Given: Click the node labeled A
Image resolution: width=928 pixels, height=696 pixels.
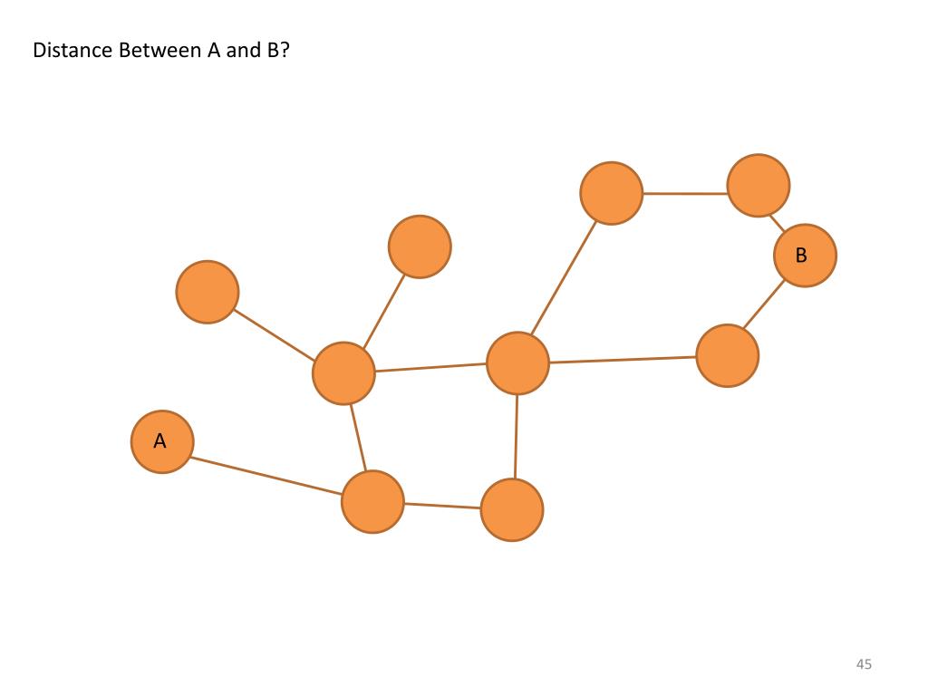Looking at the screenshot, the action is click(162, 441).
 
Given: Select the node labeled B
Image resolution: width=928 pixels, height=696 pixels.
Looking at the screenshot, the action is click(805, 256).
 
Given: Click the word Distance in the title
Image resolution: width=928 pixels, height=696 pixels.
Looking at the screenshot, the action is click(72, 51).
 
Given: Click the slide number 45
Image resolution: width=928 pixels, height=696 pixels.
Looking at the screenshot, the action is click(864, 665).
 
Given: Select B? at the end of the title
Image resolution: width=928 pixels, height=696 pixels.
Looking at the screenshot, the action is click(277, 51).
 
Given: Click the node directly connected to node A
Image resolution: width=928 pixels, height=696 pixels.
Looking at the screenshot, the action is click(372, 501).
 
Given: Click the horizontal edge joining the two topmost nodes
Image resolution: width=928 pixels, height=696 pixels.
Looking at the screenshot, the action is click(684, 193).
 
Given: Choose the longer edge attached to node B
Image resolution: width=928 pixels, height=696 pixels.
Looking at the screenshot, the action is click(764, 306).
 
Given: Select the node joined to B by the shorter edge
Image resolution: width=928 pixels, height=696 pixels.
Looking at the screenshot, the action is click(759, 186).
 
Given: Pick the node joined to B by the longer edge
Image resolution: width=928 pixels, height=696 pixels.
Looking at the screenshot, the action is click(728, 356).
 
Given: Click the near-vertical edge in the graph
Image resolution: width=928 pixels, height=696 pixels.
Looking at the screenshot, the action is click(516, 436).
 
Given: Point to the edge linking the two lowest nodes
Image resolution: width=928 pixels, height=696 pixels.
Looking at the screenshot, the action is click(442, 506).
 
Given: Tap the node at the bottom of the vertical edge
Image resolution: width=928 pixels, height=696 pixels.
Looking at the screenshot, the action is click(512, 510).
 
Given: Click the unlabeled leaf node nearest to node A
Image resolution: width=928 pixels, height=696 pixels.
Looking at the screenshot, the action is click(208, 292).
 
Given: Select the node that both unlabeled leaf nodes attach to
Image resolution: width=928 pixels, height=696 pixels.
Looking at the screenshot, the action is click(343, 372).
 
